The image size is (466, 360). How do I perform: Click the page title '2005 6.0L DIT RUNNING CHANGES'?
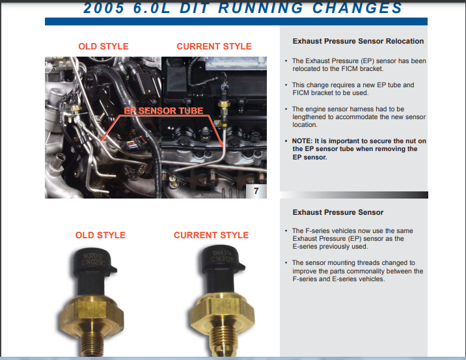pyautogui.click(x=242, y=8)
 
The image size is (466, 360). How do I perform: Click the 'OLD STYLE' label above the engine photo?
pyautogui.click(x=103, y=46)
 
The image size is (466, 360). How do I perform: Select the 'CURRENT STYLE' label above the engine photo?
pyautogui.click(x=213, y=46)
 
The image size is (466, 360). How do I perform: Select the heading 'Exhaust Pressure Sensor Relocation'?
pyautogui.click(x=358, y=41)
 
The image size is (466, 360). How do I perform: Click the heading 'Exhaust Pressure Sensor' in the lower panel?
pyautogui.click(x=338, y=212)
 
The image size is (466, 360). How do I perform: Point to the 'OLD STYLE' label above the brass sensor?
pyautogui.click(x=100, y=235)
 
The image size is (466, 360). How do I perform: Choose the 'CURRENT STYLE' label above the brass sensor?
pyautogui.click(x=211, y=235)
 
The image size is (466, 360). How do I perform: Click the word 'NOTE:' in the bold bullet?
pyautogui.click(x=303, y=141)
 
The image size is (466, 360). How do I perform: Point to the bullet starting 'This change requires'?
pyautogui.click(x=353, y=89)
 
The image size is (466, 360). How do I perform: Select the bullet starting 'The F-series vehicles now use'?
pyautogui.click(x=352, y=239)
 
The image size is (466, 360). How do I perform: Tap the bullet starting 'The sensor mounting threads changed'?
pyautogui.click(x=357, y=271)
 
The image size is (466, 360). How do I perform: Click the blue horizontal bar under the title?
pyautogui.click(x=236, y=21)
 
